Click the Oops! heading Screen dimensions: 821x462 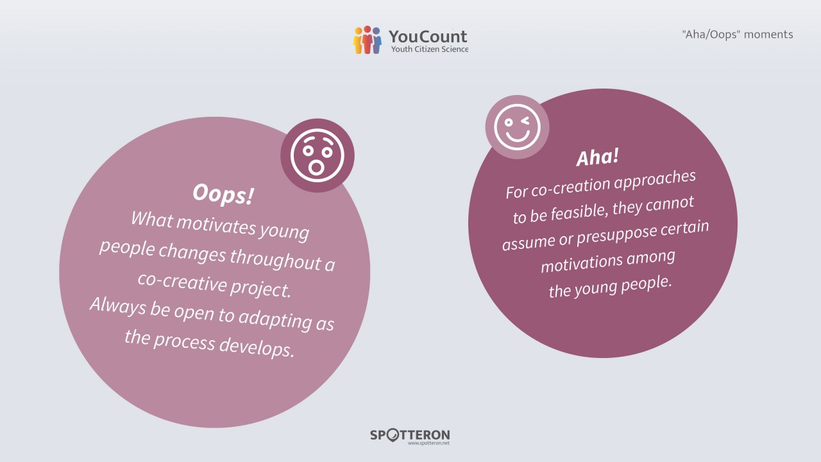[223, 194]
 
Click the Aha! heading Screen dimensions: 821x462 [598, 157]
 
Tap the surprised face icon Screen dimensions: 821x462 [317, 155]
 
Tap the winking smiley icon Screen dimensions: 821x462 [517, 127]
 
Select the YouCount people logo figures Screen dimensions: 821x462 [368, 40]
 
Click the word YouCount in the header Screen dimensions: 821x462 [428, 37]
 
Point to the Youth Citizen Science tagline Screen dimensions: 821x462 [430, 49]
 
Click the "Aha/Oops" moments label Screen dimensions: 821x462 [738, 35]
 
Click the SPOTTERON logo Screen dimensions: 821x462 [410, 435]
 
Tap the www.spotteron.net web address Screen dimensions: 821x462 [428, 443]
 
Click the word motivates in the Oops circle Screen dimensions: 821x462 [216, 224]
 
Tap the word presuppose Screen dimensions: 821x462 [617, 236]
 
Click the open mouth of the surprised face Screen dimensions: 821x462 [316, 167]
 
